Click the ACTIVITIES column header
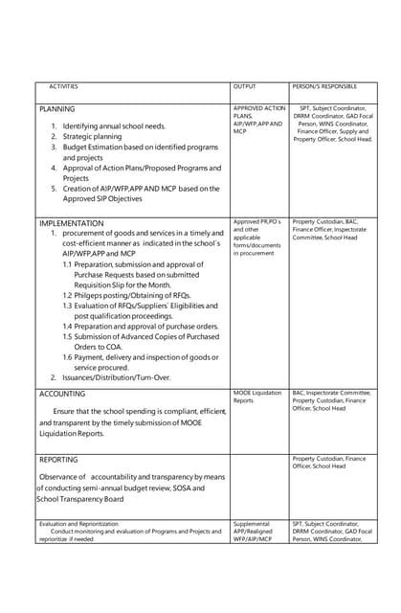tap(63, 87)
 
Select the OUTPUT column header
tap(244, 87)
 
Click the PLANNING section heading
tap(56, 109)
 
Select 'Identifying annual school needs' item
tap(114, 126)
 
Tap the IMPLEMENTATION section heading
tap(71, 223)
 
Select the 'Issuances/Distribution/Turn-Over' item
tap(116, 377)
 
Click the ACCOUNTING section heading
tap(61, 394)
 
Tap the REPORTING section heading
tap(58, 460)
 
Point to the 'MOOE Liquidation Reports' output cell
tap(256, 397)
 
